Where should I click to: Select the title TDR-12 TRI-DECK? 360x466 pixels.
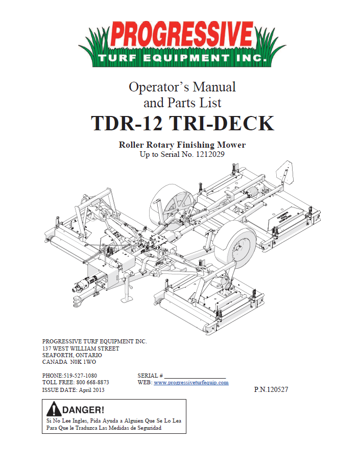[x=182, y=124]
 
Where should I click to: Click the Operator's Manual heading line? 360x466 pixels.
[x=182, y=87]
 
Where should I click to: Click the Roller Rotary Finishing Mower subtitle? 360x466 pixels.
[x=182, y=145]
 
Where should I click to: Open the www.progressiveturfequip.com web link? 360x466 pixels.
[x=191, y=382]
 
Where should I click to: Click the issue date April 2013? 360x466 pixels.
[x=92, y=390]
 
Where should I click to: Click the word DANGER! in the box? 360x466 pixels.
[x=84, y=410]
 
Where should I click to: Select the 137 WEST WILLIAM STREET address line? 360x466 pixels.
[x=81, y=348]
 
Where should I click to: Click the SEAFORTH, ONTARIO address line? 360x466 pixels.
[x=72, y=355]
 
